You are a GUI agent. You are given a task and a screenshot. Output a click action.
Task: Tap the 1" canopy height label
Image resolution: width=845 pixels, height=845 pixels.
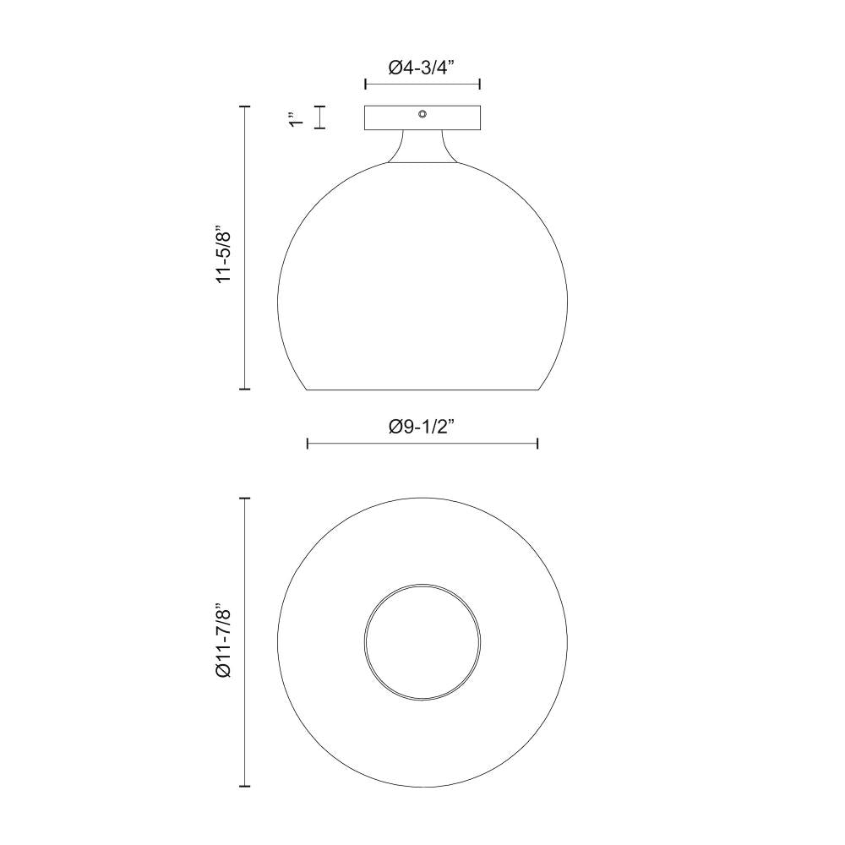(x=295, y=119)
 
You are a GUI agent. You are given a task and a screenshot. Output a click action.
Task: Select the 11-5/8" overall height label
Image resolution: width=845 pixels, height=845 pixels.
(x=223, y=253)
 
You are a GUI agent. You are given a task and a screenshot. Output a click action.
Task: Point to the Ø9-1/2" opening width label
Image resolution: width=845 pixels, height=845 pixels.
(x=422, y=428)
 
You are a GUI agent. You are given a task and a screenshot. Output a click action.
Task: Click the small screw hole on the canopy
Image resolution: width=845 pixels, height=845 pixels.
(x=422, y=113)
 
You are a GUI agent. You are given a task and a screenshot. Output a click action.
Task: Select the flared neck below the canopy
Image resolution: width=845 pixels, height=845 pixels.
(x=422, y=148)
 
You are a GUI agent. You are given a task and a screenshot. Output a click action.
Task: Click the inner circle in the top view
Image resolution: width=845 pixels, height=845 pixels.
(x=422, y=640)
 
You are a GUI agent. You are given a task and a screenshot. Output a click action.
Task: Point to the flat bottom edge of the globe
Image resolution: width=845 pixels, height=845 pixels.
(x=422, y=390)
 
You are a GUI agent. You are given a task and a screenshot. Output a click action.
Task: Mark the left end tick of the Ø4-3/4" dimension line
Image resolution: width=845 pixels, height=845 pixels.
(x=365, y=84)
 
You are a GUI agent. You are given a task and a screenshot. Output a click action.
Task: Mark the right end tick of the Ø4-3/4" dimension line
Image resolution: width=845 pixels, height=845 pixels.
(x=480, y=84)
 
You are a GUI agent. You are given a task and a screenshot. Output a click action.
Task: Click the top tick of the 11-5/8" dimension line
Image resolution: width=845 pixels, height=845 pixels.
(x=246, y=106)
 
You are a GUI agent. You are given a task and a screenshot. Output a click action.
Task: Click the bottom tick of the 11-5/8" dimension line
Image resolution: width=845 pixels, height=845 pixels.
(x=246, y=389)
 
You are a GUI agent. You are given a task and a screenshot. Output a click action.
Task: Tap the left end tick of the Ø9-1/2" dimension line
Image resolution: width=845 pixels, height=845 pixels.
(x=308, y=443)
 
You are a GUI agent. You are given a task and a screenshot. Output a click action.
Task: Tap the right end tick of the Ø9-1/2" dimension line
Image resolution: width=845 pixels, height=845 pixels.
(x=538, y=443)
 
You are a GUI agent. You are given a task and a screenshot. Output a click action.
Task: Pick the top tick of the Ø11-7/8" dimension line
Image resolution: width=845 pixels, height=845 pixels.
(x=246, y=499)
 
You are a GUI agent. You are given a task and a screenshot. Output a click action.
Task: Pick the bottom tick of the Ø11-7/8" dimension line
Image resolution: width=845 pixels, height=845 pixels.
(x=246, y=786)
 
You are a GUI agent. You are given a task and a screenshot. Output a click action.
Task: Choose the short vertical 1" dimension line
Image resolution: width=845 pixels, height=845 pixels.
(x=320, y=117)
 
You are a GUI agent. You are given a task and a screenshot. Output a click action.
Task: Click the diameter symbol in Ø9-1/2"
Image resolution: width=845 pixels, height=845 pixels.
(x=395, y=428)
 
